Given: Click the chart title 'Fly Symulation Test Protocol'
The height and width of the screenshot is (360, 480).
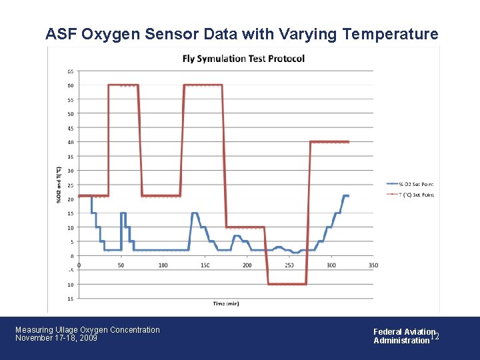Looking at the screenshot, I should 243,59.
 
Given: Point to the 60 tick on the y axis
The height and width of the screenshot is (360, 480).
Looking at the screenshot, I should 70,85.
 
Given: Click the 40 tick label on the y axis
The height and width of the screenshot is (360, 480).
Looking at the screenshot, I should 70,142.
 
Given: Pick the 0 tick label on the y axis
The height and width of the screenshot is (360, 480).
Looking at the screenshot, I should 71,256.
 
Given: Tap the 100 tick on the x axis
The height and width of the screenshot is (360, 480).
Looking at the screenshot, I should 163,265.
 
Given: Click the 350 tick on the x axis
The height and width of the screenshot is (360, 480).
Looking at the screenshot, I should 373,265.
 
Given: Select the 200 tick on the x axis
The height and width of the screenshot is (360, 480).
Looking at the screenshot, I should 247,265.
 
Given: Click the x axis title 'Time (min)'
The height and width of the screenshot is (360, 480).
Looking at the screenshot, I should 226,303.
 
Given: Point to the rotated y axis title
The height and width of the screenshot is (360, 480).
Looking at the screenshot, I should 59,185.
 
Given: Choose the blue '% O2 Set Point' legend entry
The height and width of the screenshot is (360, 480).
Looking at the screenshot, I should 409,184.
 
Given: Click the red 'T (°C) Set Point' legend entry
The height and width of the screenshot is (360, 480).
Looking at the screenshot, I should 409,195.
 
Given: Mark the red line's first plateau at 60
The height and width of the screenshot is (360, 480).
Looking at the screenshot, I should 123,85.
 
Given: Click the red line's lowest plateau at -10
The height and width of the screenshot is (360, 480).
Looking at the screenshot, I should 287,284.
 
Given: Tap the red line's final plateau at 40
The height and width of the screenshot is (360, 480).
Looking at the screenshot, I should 329,142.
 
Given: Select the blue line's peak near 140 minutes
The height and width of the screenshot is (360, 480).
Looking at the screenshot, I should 195,213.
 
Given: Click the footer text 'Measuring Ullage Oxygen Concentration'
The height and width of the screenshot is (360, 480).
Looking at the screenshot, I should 87,329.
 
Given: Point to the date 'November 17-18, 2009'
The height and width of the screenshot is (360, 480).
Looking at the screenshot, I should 56,338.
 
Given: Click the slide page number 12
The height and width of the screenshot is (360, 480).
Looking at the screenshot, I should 434,337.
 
